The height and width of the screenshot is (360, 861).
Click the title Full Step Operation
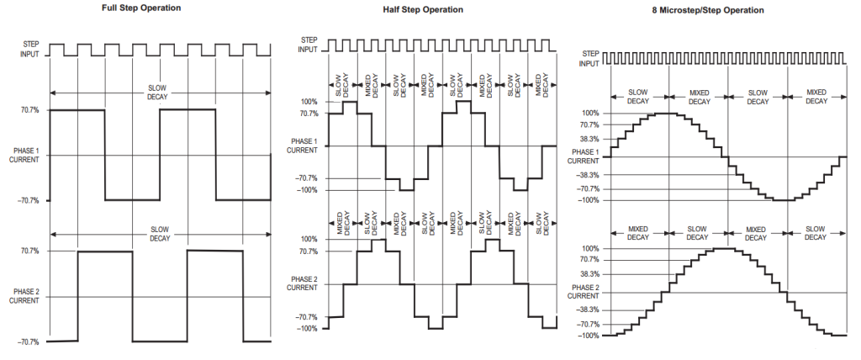(141, 8)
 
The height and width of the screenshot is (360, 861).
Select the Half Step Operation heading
(423, 9)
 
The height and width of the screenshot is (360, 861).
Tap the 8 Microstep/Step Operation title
(708, 10)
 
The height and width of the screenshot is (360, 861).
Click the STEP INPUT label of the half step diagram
(308, 45)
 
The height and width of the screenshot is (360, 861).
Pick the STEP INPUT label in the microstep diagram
(589, 58)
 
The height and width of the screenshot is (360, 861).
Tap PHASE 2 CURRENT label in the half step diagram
(302, 283)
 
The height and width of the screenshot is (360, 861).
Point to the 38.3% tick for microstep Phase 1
(589, 140)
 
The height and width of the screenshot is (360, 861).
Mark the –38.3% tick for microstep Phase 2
(588, 310)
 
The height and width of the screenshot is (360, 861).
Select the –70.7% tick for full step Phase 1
(28, 201)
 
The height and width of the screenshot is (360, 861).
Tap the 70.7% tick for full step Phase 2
(29, 251)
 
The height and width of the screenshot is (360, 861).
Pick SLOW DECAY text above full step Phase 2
(160, 234)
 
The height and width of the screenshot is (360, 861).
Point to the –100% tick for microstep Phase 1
(588, 201)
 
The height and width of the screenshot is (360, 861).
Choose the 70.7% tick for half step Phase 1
(308, 114)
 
